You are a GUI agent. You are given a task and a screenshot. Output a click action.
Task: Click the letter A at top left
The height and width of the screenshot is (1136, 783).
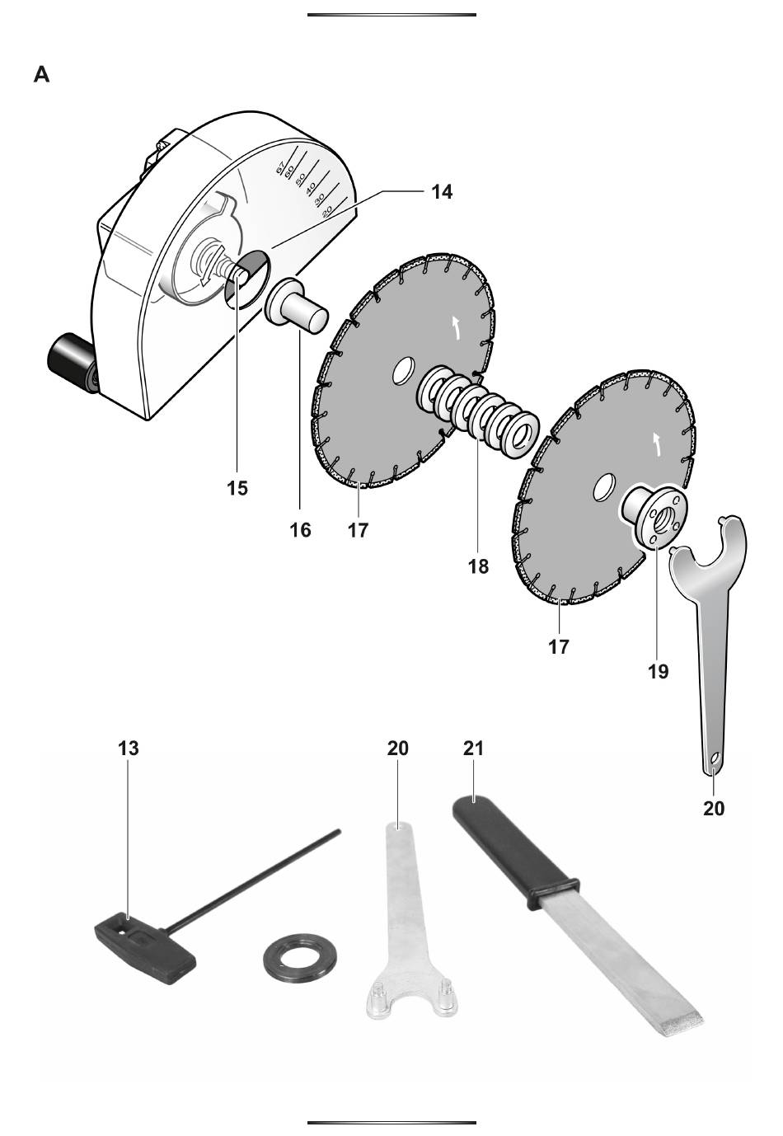pos(41,74)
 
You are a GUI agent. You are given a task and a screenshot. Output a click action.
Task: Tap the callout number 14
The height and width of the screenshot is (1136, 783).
pos(441,192)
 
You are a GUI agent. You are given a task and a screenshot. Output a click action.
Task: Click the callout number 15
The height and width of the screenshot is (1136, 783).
pos(237,488)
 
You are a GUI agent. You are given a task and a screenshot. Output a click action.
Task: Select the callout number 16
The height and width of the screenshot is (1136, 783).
pos(300,530)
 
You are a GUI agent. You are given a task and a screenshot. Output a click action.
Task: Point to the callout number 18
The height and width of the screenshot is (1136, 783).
pos(478,566)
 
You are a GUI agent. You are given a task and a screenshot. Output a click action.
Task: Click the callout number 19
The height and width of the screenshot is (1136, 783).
pos(658,672)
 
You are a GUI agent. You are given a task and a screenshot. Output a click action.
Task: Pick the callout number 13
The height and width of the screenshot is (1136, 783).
pos(128,748)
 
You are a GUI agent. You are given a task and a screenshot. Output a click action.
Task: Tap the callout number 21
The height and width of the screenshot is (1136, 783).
pos(473,748)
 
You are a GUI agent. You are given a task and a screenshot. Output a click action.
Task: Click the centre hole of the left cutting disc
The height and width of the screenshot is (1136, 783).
pos(404,371)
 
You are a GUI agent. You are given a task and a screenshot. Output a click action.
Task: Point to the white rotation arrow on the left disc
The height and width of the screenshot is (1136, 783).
pos(457,327)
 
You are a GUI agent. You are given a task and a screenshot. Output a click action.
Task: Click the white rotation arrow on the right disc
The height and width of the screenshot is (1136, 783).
pos(658,444)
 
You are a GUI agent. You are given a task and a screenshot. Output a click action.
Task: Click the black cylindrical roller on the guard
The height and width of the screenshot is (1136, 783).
pos(72,363)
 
